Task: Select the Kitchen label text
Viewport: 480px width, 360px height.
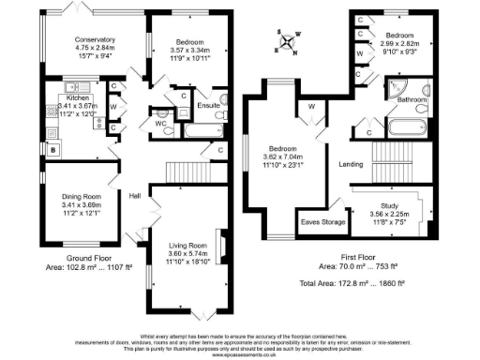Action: (x=77, y=97)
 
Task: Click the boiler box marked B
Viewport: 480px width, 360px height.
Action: (x=53, y=150)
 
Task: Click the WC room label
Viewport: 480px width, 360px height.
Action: (x=161, y=123)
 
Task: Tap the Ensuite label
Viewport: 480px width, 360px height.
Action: (x=208, y=107)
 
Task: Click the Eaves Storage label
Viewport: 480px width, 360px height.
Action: (x=319, y=223)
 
